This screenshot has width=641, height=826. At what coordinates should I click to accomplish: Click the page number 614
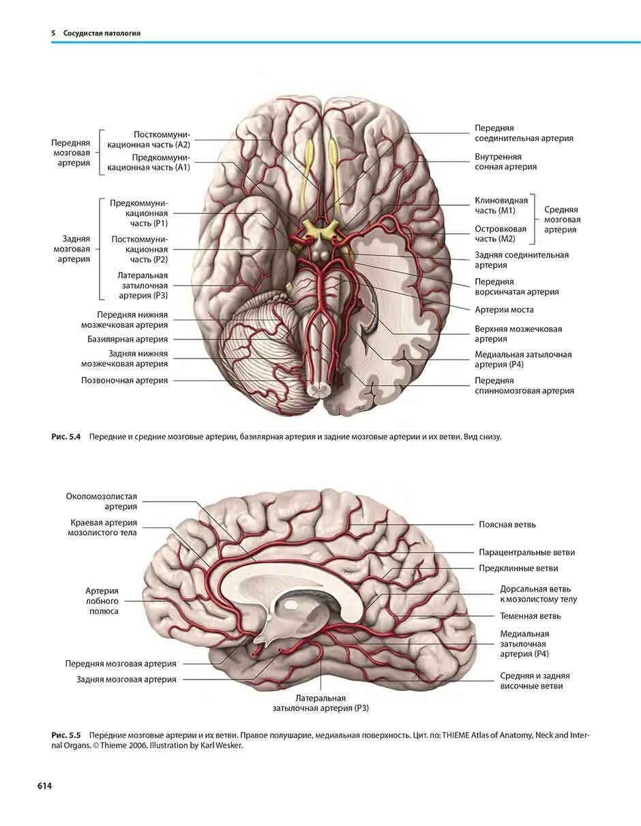coord(44,786)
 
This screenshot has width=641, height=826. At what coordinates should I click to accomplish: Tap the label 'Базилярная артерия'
coord(127,339)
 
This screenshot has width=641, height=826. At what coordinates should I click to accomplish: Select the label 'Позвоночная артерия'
coord(124,380)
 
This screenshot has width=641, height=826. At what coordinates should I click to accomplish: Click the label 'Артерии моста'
coord(504,309)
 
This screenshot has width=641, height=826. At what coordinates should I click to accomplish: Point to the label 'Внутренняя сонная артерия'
coord(505,162)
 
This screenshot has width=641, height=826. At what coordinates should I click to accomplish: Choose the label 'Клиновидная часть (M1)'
coord(501,206)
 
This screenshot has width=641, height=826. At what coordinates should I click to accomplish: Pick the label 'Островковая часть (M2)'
coord(501,234)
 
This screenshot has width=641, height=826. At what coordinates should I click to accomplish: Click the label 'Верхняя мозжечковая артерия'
coord(518,334)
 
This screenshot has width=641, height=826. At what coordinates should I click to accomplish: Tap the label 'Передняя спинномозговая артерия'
coord(524,386)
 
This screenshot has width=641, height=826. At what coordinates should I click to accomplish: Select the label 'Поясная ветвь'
coord(507,524)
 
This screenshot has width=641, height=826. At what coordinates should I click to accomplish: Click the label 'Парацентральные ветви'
coord(526,552)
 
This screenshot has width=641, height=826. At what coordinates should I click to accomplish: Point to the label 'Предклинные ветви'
coord(518,568)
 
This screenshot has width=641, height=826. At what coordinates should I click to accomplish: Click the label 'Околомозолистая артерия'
coord(102,502)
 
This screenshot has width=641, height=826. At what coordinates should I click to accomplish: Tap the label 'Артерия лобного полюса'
coord(102,601)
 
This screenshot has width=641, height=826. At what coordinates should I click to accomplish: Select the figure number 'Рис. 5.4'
coord(66,437)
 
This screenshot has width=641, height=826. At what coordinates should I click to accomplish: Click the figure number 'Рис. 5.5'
coord(66,736)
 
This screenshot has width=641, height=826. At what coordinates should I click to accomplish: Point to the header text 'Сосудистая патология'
coord(102,33)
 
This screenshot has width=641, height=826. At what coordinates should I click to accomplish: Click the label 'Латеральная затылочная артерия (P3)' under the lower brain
coord(320,703)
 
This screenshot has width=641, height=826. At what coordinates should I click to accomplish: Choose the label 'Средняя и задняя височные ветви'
coord(535,681)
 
